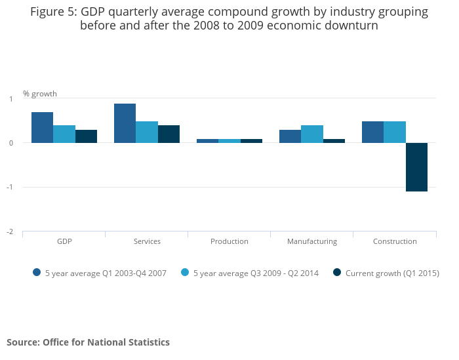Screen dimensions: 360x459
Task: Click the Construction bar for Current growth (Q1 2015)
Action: [x=416, y=167]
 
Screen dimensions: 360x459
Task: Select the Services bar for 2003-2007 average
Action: [x=125, y=123]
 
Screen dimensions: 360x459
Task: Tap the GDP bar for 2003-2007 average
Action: [x=42, y=127]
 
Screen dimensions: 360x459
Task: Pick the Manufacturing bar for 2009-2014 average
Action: [x=312, y=134]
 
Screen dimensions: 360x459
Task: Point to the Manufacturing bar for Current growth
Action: [x=334, y=140]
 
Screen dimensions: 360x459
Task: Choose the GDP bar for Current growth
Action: [x=86, y=136]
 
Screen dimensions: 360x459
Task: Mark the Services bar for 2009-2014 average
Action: [x=147, y=132]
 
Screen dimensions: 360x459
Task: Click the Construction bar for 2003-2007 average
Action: [x=372, y=132]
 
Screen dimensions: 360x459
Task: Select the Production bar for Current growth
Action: [x=251, y=140]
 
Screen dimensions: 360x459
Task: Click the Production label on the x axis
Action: [x=229, y=241]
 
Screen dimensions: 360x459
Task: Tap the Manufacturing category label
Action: [x=312, y=241]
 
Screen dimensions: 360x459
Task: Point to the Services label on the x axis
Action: [x=147, y=241]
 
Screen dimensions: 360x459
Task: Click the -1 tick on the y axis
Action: [x=10, y=188]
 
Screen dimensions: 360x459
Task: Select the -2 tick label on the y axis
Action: [x=10, y=232]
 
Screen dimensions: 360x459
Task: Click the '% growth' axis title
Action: [x=40, y=94]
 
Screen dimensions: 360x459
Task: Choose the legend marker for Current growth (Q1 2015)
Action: [x=337, y=273]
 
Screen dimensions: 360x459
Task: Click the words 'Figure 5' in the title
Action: [x=52, y=12]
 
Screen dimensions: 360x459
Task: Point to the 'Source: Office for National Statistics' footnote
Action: [x=88, y=342]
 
